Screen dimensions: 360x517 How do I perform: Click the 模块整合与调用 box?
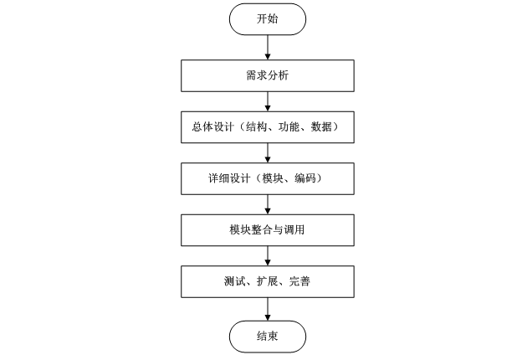tap(267, 229)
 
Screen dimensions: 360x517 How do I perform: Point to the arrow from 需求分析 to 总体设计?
tap(267, 101)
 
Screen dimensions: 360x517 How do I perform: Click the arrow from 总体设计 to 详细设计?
tap(267, 152)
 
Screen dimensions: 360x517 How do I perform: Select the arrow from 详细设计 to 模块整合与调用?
tap(267, 203)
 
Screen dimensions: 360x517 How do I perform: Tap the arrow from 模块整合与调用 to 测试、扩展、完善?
tap(267, 255)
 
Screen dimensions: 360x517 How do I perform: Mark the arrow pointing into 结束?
tap(267, 307)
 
